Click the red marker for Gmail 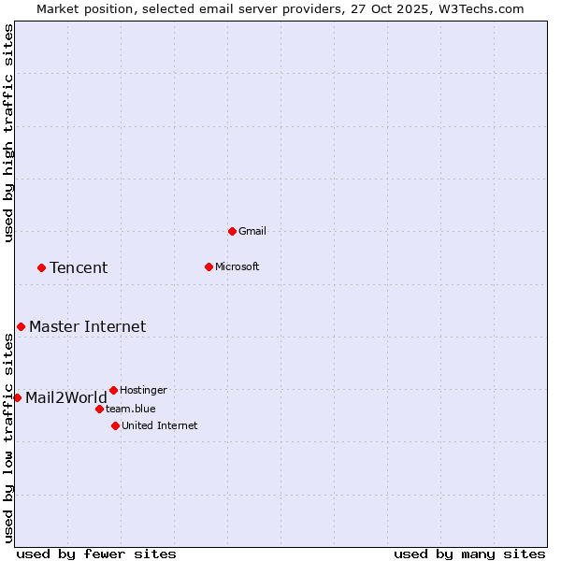pos(232,231)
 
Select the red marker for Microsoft pos(209,266)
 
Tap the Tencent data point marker pos(41,267)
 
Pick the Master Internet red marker pos(21,326)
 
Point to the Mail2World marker pos(17,397)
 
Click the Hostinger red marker pos(113,390)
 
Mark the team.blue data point pos(99,409)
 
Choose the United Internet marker pos(115,425)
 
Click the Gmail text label pos(252,231)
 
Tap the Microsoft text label pos(237,266)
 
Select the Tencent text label pos(79,268)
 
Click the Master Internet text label pos(87,326)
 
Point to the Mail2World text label pos(66,398)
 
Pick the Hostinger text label pos(144,390)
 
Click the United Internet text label pos(160,425)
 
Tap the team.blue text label pos(131,409)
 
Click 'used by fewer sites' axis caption pos(96,554)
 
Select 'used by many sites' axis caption pos(469,554)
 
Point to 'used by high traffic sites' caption pos(8,134)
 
